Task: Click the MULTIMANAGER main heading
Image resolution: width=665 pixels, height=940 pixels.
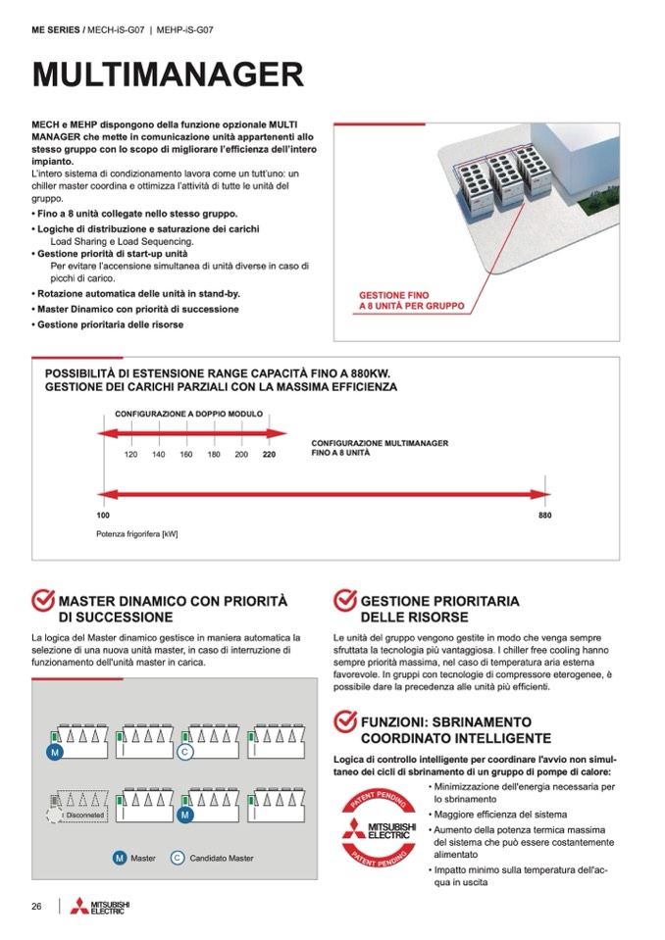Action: click(167, 74)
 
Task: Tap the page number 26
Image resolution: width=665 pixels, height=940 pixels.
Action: click(37, 906)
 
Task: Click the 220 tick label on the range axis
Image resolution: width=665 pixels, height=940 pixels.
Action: click(269, 455)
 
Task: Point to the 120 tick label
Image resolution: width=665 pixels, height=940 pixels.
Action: click(130, 455)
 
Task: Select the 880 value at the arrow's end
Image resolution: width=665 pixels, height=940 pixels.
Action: click(545, 515)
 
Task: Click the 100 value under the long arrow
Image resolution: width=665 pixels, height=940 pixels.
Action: click(103, 515)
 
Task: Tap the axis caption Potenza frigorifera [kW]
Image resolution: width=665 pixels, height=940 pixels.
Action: click(136, 534)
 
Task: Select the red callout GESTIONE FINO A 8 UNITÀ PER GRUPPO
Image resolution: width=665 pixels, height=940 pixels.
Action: click(411, 300)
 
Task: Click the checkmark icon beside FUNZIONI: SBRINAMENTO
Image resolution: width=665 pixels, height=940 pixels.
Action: click(345, 721)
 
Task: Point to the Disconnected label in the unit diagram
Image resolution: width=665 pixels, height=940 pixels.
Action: click(84, 815)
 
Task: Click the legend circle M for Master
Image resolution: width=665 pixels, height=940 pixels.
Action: click(119, 858)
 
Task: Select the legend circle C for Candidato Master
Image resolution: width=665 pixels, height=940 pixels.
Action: click(178, 858)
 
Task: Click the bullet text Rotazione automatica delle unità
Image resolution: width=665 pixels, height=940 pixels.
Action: click(137, 293)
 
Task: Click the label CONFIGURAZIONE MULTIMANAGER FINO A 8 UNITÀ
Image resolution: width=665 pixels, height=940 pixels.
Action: click(380, 449)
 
